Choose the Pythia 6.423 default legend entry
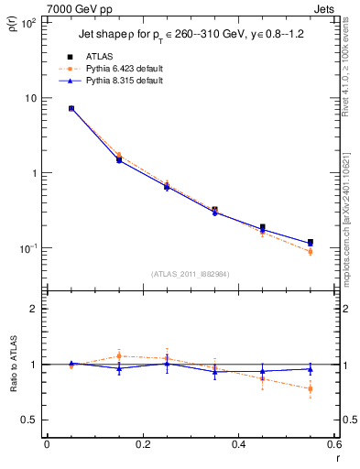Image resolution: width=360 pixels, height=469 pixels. (123, 68)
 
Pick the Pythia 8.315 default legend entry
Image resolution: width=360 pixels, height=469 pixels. (123, 80)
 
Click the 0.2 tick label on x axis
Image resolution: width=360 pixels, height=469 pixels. (142, 445)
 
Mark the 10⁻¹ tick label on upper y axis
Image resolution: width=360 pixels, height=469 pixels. (27, 248)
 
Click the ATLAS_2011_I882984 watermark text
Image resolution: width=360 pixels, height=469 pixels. (190, 273)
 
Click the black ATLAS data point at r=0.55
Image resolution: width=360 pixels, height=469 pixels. (311, 243)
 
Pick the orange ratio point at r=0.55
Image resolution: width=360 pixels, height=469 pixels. (311, 388)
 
